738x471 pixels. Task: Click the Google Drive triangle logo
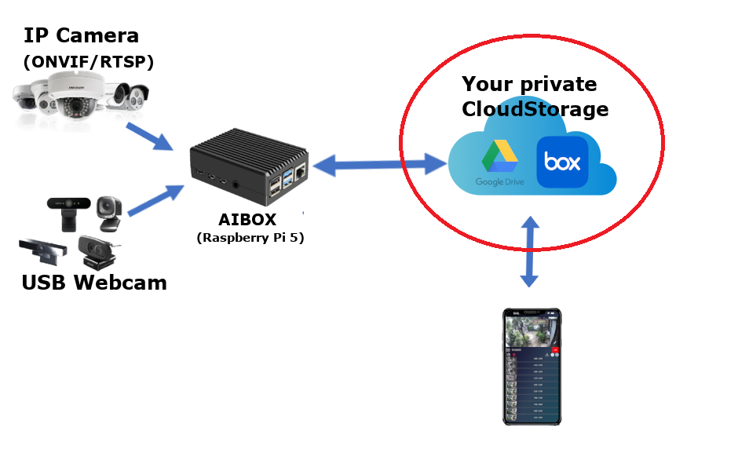(500, 158)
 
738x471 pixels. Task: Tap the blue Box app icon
(563, 162)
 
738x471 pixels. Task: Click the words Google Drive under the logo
(499, 183)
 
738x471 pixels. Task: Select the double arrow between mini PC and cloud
(379, 165)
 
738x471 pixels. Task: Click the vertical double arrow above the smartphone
(530, 252)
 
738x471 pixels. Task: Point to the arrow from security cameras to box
(149, 135)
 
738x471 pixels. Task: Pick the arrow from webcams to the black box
(155, 199)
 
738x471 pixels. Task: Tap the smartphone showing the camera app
(532, 367)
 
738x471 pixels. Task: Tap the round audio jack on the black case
(235, 184)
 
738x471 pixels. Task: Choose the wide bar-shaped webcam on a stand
(68, 207)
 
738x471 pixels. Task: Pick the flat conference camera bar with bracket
(43, 250)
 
